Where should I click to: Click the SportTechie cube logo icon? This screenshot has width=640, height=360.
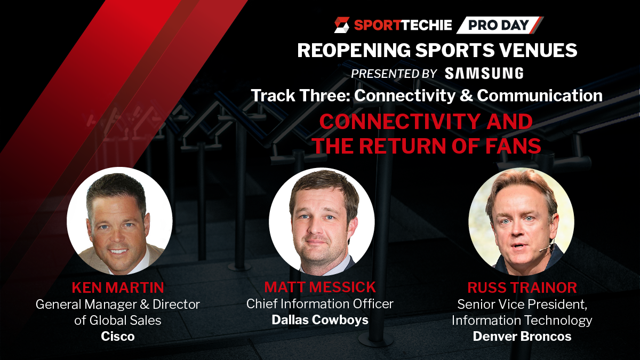(x=342, y=25)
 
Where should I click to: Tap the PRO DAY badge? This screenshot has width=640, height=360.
(x=499, y=25)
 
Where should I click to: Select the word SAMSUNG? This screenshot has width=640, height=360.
(x=484, y=73)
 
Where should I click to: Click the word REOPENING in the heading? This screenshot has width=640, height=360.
(x=354, y=50)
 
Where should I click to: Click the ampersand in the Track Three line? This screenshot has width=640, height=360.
(x=466, y=95)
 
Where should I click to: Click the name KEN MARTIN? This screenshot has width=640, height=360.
(x=118, y=287)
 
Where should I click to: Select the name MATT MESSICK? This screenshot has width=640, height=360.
(x=320, y=287)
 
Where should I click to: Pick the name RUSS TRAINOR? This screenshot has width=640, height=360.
(x=522, y=287)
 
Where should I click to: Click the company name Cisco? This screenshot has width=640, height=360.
(x=118, y=337)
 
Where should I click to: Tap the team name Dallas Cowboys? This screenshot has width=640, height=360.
(x=320, y=319)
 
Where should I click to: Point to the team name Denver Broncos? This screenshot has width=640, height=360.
(x=522, y=337)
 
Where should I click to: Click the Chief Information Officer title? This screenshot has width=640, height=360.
(x=320, y=303)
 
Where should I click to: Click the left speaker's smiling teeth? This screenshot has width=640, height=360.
(x=118, y=252)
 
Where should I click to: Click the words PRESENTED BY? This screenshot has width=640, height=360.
(x=394, y=74)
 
